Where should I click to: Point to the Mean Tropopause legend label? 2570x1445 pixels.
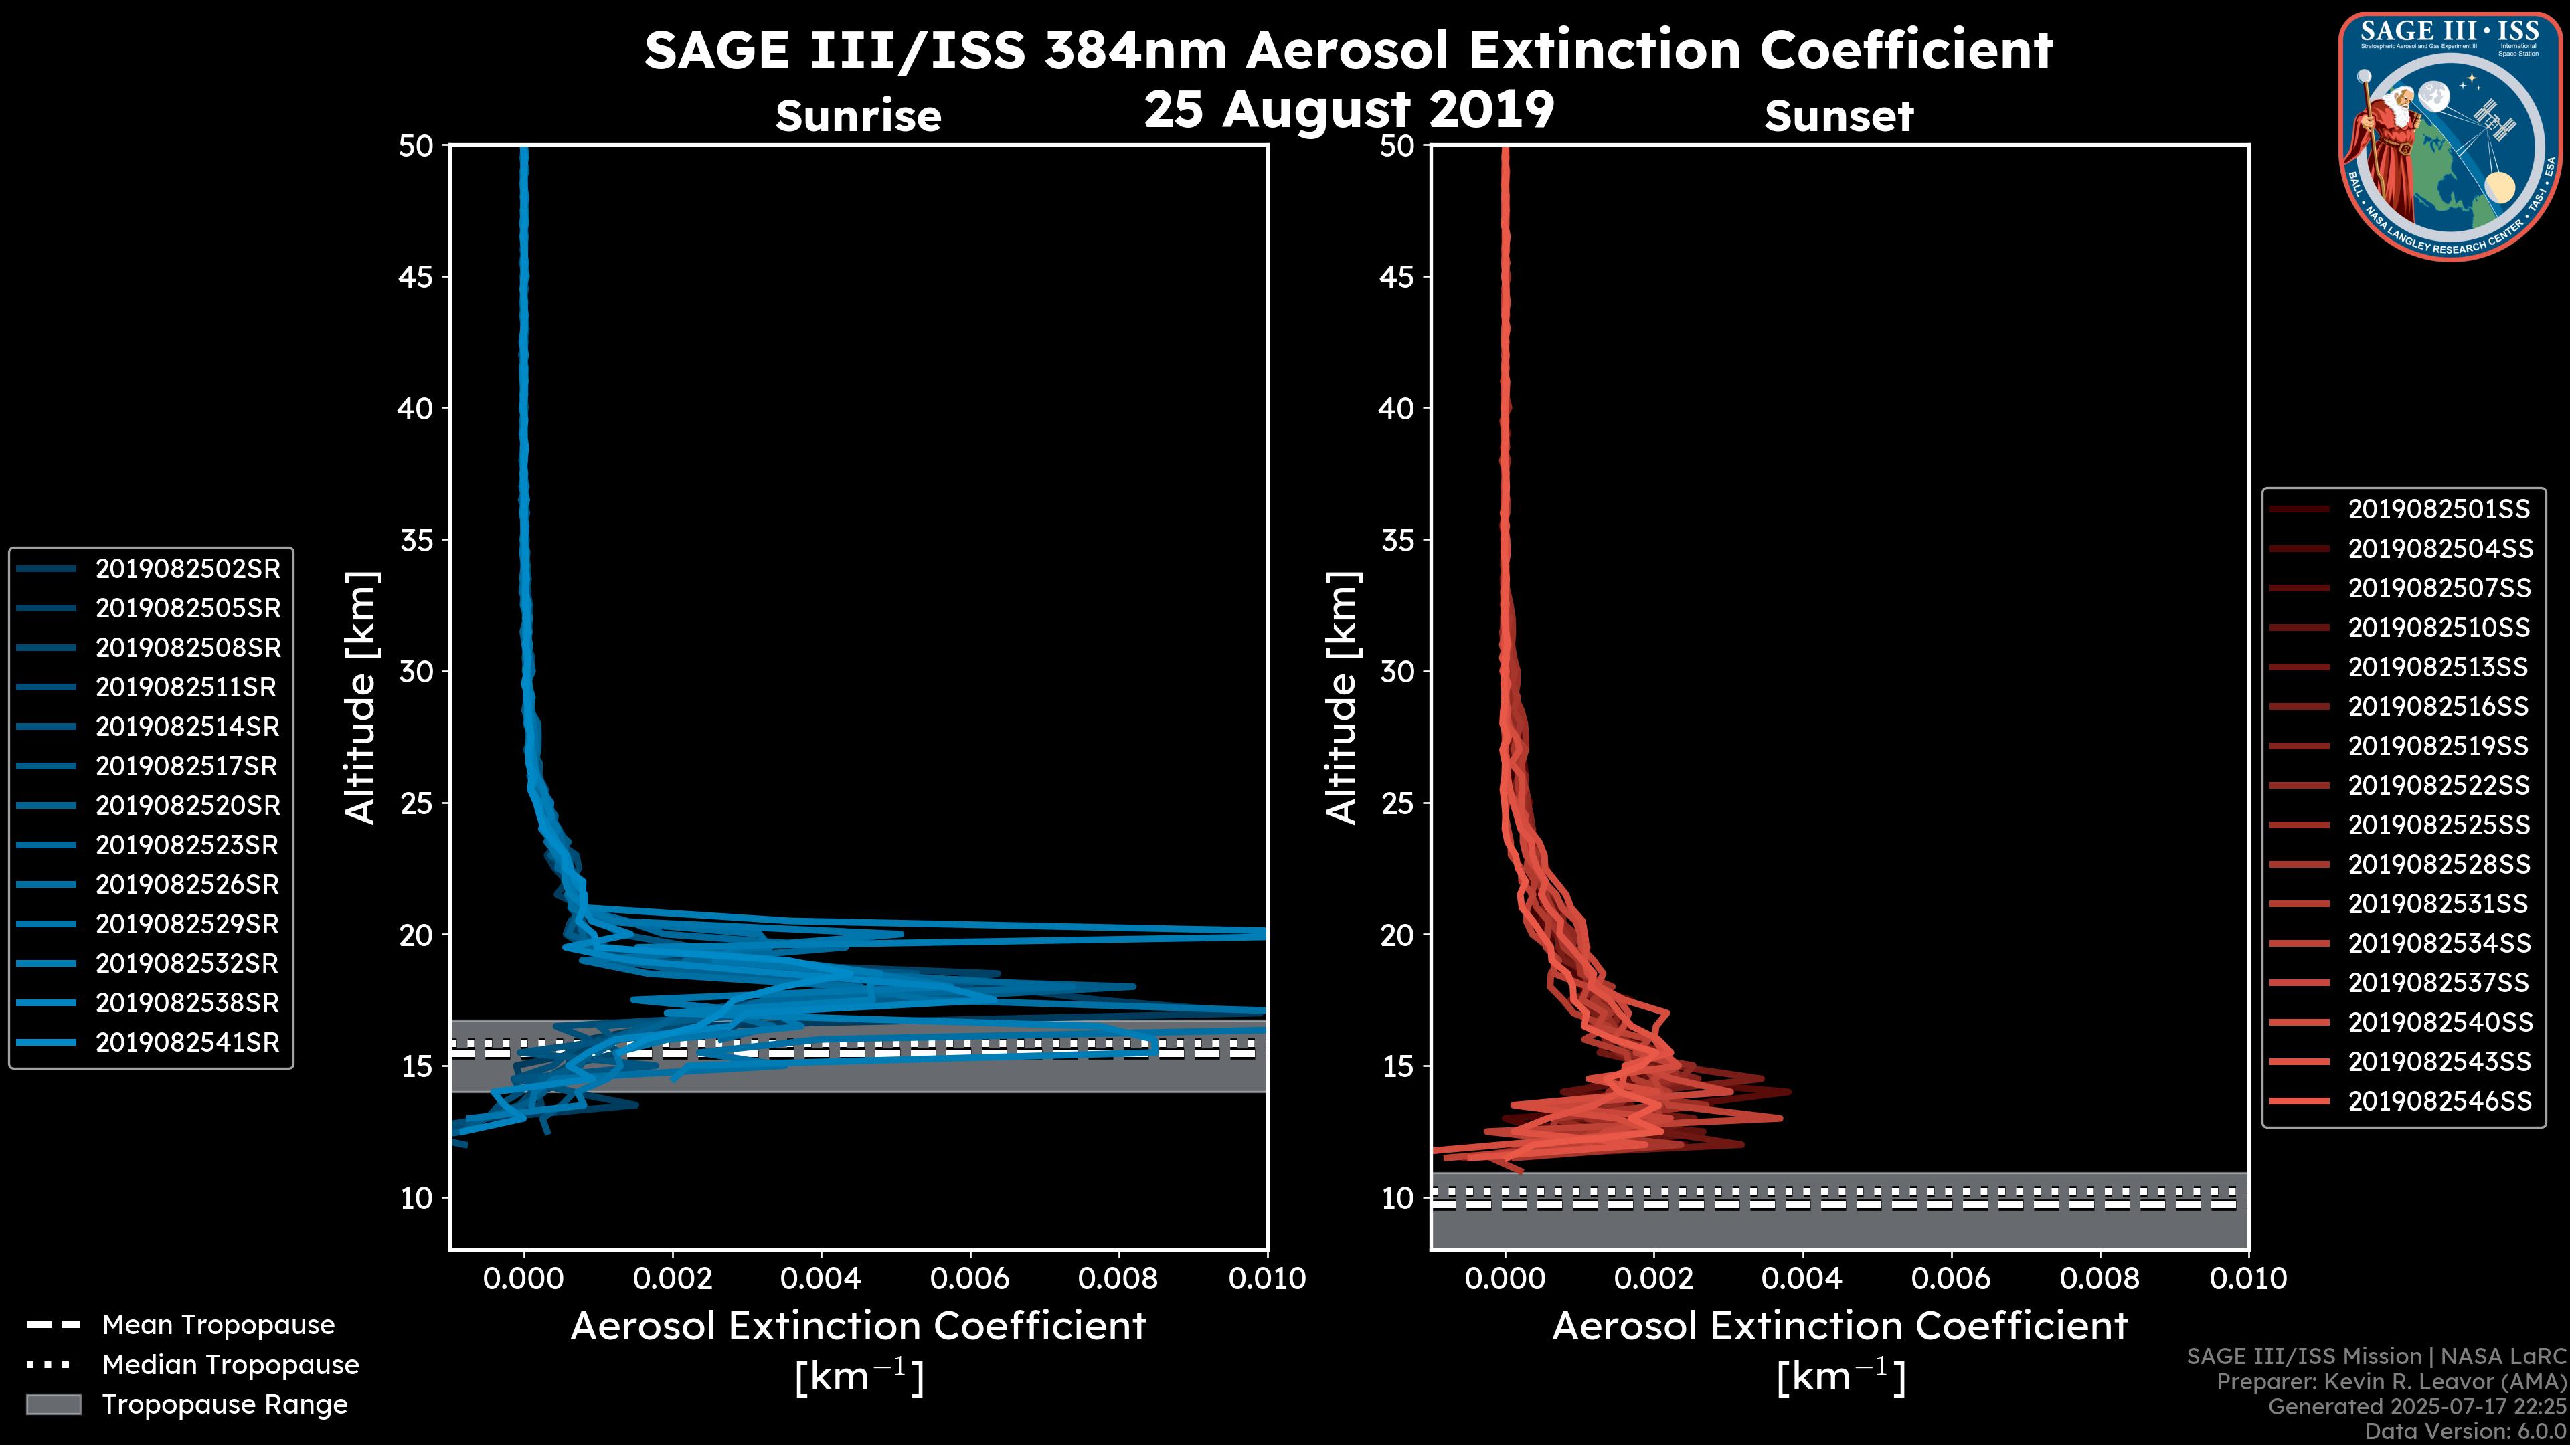coord(218,1325)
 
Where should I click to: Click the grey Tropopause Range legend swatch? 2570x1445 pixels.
coord(53,1404)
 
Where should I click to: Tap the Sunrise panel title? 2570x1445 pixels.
coord(858,116)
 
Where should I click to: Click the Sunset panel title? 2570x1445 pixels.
coord(1838,116)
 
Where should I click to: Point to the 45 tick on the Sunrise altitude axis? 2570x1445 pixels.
coord(416,276)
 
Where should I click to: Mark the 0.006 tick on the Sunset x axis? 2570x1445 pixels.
coord(1952,1278)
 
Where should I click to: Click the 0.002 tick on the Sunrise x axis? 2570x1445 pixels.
coord(673,1278)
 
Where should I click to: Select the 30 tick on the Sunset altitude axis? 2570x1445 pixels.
coord(1397,671)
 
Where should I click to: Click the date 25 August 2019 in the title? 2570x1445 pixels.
coord(1349,108)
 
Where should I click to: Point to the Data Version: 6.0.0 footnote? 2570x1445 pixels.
coord(2464,1431)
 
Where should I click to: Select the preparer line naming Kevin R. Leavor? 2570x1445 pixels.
coord(2391,1381)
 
